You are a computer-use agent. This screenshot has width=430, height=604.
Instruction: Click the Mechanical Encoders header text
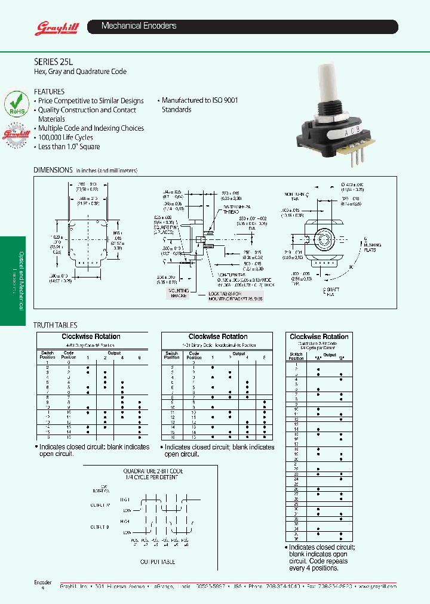point(139,26)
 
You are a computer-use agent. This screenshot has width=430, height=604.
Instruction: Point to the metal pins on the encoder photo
point(355,155)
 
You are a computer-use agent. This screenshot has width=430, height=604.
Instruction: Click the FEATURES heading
point(49,91)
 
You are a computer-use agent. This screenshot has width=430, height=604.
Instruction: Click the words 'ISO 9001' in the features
point(223,100)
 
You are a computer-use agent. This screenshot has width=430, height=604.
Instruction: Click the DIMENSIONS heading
point(53,170)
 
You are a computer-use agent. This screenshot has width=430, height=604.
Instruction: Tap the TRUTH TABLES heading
point(55,325)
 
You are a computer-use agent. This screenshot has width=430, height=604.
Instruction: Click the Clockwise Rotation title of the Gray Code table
point(91,337)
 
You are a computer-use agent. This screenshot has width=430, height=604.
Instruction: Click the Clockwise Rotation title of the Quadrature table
point(319,337)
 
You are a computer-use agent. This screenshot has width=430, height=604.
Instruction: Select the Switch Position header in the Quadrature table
point(296,356)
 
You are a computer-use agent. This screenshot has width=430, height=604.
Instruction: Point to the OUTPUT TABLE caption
point(158,562)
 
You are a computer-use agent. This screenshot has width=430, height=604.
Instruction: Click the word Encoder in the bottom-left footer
point(42,582)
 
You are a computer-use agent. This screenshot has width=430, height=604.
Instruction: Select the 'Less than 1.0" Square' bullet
point(69,147)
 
